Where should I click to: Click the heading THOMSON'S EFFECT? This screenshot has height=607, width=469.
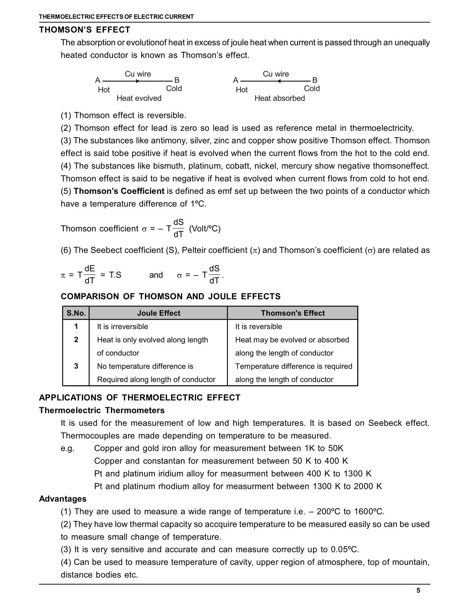click(x=85, y=30)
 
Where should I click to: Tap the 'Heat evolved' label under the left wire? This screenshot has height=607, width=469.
click(x=139, y=98)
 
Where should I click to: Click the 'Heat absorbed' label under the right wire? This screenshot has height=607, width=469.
click(x=280, y=98)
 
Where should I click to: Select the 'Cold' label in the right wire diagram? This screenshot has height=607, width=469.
click(x=312, y=89)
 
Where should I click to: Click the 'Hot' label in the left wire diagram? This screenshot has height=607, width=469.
click(x=104, y=90)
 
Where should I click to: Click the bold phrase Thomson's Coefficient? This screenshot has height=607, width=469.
click(x=119, y=191)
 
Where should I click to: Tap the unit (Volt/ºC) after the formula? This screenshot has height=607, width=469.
click(x=205, y=229)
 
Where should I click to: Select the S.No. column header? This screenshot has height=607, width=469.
click(x=76, y=313)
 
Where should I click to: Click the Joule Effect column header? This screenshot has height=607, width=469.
click(x=159, y=313)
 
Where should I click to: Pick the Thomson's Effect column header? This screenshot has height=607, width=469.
click(x=293, y=313)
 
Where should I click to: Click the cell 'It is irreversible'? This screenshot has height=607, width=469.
click(x=122, y=327)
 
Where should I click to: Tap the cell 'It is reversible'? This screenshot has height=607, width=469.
click(x=259, y=327)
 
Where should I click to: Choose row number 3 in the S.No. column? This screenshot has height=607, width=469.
click(x=76, y=366)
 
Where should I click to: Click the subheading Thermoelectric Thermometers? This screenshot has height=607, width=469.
click(x=102, y=411)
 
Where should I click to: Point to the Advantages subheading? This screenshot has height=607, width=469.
click(x=63, y=499)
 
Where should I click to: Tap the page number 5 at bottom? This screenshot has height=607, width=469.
click(x=418, y=591)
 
